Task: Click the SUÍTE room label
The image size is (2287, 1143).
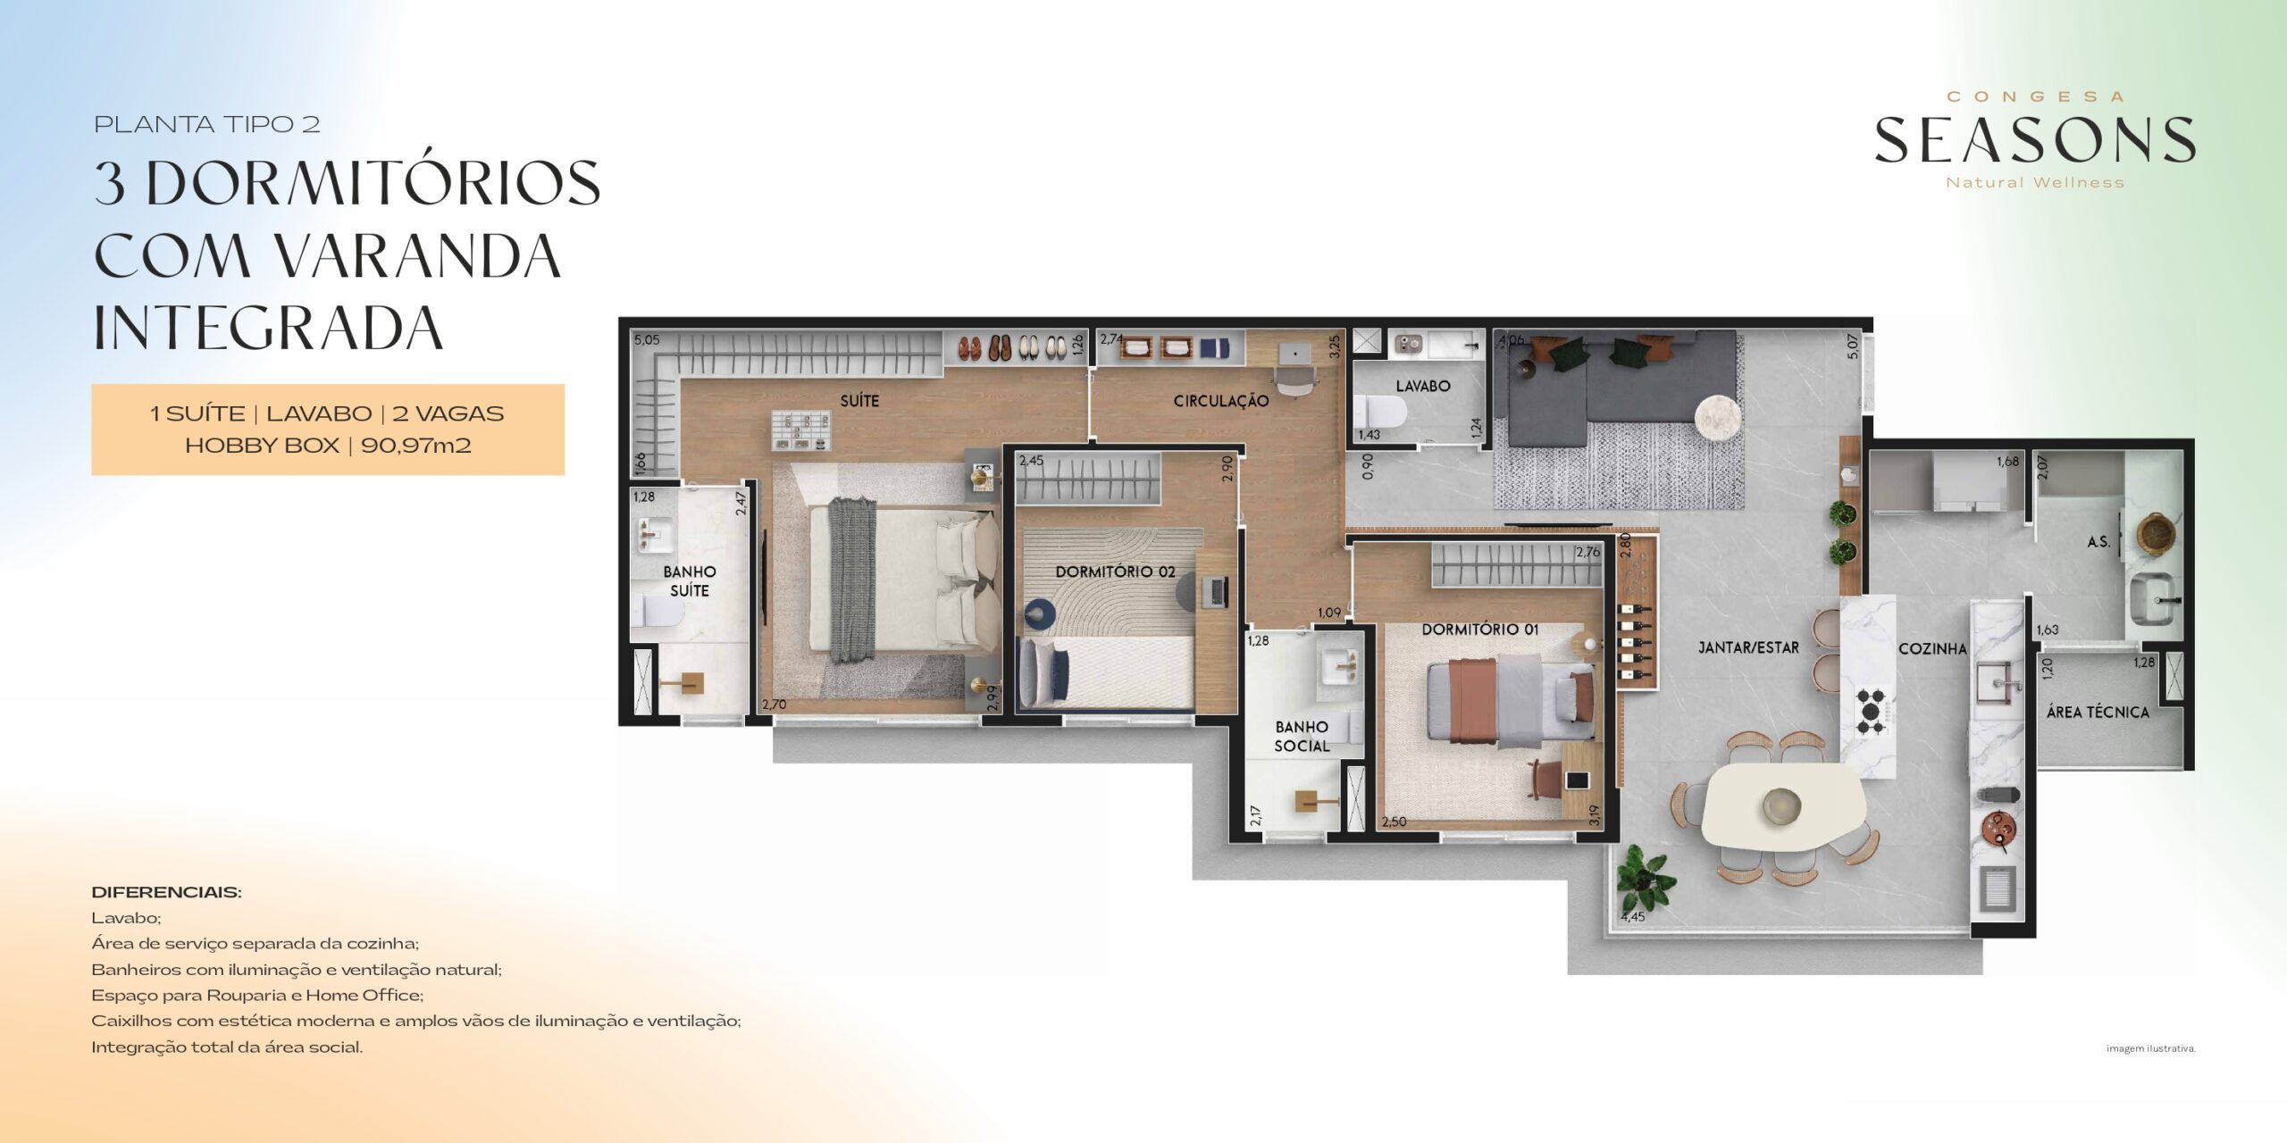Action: point(859,401)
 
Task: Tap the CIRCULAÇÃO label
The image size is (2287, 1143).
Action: point(1220,402)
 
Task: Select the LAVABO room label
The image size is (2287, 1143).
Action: point(1423,386)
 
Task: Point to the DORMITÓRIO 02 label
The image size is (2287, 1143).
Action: point(1115,571)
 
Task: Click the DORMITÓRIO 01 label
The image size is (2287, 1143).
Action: point(1480,630)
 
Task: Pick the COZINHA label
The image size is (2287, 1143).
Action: point(1932,649)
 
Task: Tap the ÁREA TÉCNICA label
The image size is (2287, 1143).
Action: point(2098,713)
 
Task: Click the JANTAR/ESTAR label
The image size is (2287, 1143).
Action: point(1748,647)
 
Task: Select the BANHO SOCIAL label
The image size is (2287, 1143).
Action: point(1302,737)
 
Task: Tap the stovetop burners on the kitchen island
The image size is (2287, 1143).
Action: point(1872,711)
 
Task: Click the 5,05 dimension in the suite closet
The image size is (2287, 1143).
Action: point(647,340)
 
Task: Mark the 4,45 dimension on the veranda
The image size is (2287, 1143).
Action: point(1632,917)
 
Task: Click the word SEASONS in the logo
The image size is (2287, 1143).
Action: point(2034,141)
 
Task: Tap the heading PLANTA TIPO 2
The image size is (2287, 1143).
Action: point(207,125)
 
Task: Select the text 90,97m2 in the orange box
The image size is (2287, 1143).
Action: point(415,446)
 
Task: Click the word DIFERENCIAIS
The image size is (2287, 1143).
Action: point(166,892)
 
